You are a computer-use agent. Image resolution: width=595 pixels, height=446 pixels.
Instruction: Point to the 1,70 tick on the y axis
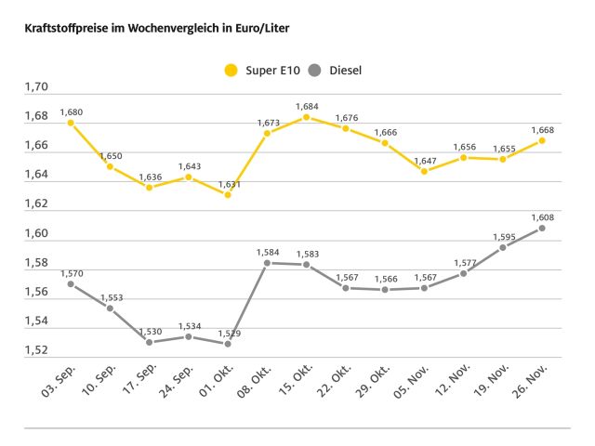[35, 87]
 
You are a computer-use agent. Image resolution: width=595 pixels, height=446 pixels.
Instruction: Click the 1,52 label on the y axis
[35, 350]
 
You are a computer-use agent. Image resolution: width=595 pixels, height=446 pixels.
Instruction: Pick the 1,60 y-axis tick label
[35, 233]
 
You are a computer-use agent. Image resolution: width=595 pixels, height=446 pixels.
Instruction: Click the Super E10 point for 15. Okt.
[306, 117]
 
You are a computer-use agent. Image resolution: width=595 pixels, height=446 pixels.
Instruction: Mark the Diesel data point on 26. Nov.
[542, 228]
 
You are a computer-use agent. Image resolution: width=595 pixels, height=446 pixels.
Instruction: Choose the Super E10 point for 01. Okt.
[228, 194]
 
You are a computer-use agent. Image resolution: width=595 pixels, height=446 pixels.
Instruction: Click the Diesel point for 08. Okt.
[267, 263]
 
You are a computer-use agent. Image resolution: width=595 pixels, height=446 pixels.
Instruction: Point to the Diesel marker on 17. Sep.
[149, 342]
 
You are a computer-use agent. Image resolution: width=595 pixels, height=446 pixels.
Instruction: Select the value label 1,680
[71, 111]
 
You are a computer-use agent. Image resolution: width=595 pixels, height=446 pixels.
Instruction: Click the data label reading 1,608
[542, 216]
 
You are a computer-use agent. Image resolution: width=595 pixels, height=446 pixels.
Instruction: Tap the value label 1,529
[228, 333]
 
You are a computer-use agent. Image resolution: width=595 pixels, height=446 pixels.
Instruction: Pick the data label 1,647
[424, 160]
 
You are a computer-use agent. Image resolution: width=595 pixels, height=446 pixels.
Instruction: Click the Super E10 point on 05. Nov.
[424, 171]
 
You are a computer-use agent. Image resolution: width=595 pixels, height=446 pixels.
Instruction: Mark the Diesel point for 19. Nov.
[503, 247]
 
